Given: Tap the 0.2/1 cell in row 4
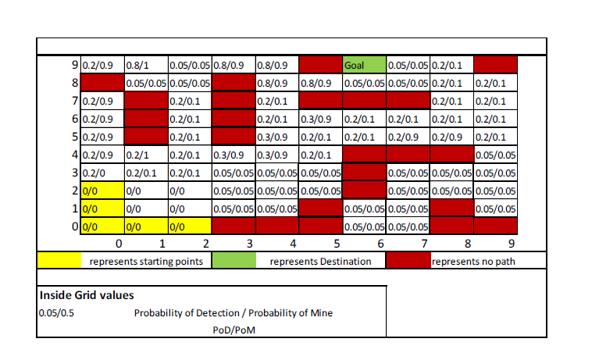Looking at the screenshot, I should (144, 155).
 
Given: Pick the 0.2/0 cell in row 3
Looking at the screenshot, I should (101, 173).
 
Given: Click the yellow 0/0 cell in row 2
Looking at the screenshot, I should (101, 191).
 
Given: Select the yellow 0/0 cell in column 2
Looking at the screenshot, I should (188, 227).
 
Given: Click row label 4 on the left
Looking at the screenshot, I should (74, 155).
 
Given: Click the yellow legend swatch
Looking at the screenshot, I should (59, 261).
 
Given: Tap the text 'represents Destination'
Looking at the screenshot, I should (320, 261).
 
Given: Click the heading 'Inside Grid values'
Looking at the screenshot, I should (87, 295).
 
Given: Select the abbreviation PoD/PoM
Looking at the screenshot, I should (234, 330).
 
